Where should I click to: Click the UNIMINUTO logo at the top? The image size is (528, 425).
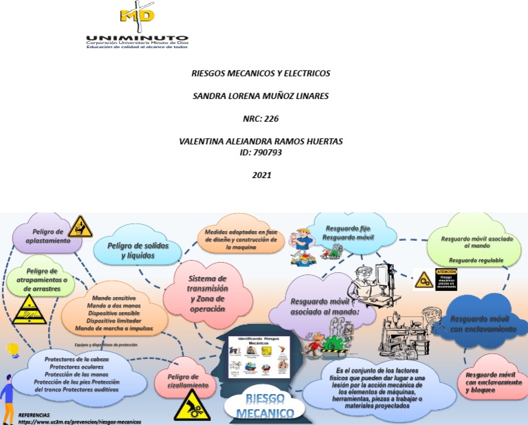click(x=137, y=28)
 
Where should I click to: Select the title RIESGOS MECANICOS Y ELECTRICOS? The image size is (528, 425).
click(x=261, y=73)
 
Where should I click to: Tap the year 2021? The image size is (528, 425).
click(x=261, y=175)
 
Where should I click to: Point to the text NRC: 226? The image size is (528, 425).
click(x=261, y=118)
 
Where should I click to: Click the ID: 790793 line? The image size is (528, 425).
click(x=261, y=152)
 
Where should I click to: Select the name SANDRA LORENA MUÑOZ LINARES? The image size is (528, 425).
click(x=261, y=96)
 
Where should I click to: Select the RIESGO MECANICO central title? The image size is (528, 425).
click(x=261, y=406)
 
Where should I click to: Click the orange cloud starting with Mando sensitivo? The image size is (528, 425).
click(x=114, y=314)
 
